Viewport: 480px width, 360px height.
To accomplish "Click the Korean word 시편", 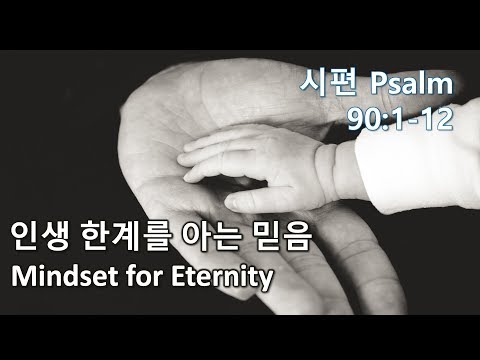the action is [329, 82].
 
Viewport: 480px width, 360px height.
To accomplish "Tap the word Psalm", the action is [412, 83].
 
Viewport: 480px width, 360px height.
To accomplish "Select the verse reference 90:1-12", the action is [400, 119].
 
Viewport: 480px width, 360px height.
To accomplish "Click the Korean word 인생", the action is [40, 236].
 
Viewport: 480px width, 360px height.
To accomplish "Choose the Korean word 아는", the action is [211, 236].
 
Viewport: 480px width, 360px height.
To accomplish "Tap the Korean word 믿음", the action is [282, 236].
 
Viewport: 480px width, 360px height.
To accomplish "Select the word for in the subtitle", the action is [144, 276].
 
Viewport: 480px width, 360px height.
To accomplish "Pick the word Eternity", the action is [222, 278].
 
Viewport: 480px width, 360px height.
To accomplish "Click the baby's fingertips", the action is [187, 160].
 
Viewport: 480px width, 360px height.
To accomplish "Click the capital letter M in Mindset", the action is [23, 276].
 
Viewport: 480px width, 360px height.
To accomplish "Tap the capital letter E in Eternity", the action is [178, 276].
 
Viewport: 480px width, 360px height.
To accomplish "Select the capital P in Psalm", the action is [379, 83].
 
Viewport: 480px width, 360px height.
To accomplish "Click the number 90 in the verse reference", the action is [363, 119].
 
